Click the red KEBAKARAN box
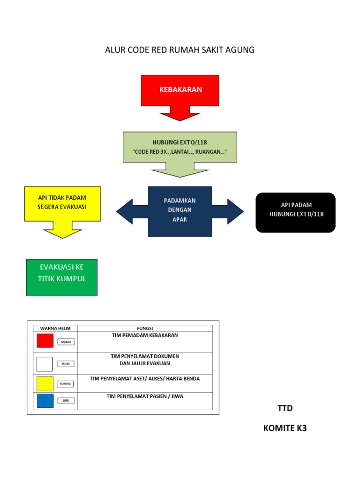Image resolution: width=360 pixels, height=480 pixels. (x=180, y=90)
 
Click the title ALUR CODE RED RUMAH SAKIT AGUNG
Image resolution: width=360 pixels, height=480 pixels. (x=180, y=50)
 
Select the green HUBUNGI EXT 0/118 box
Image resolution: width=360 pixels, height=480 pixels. (x=180, y=147)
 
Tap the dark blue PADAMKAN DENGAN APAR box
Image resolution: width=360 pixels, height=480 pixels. (x=180, y=211)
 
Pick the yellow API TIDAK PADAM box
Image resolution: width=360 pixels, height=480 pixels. (x=62, y=202)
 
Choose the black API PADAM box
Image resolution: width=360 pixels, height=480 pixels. (x=295, y=212)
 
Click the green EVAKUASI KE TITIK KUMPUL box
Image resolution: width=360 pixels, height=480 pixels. (x=62, y=277)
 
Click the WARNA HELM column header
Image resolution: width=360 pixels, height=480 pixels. (x=52, y=328)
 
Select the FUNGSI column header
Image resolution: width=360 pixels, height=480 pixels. (x=145, y=328)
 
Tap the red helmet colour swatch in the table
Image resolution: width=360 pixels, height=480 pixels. (x=45, y=341)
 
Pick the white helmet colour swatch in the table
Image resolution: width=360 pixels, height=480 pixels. (x=45, y=363)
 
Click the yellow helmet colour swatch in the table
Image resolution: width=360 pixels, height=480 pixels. (x=45, y=383)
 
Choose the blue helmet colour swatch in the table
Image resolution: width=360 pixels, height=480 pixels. (x=45, y=401)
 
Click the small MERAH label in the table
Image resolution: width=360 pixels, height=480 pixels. (x=66, y=342)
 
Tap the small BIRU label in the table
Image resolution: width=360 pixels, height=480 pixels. (x=66, y=401)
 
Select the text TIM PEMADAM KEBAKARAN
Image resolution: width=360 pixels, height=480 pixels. (x=145, y=335)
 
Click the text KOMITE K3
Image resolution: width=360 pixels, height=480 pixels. (x=285, y=428)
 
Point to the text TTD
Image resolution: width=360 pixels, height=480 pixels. (x=285, y=408)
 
